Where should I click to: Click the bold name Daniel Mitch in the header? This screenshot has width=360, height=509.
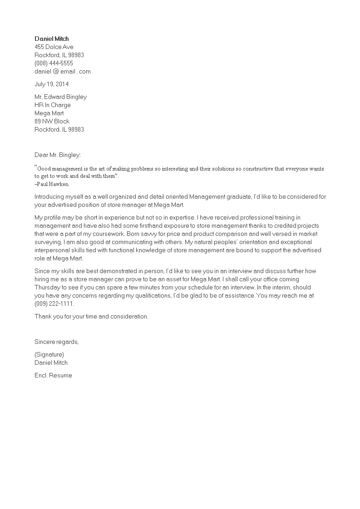pyautogui.click(x=52, y=39)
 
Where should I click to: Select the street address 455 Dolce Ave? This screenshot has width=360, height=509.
pyautogui.click(x=54, y=47)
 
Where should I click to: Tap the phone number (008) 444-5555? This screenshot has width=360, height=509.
pyautogui.click(x=54, y=64)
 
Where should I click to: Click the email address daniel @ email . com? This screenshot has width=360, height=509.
pyautogui.click(x=63, y=72)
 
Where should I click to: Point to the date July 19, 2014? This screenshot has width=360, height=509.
pyautogui.click(x=52, y=84)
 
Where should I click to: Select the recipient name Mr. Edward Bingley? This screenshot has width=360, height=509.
pyautogui.click(x=60, y=97)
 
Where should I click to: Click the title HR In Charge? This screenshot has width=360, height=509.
pyautogui.click(x=53, y=105)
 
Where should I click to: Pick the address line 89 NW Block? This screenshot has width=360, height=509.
pyautogui.click(x=52, y=122)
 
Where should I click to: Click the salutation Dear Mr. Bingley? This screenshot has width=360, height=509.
pyautogui.click(x=58, y=155)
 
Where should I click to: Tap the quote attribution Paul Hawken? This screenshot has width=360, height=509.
pyautogui.click(x=52, y=184)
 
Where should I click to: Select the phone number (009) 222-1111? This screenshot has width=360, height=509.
pyautogui.click(x=54, y=304)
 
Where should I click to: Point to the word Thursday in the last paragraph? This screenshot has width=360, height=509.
pyautogui.click(x=47, y=288)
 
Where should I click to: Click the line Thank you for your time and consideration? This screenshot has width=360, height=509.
pyautogui.click(x=91, y=317)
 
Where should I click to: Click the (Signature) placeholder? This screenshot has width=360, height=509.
pyautogui.click(x=49, y=355)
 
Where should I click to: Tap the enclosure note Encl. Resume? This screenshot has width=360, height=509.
pyautogui.click(x=53, y=376)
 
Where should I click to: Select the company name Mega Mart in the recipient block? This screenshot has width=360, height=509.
pyautogui.click(x=49, y=113)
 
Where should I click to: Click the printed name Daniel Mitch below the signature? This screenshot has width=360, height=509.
pyautogui.click(x=51, y=363)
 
